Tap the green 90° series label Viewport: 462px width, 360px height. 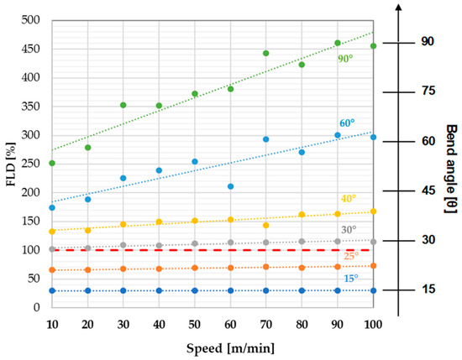point(344,59)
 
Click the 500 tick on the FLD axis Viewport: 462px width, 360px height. point(29,20)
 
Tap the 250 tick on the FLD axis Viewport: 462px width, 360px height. point(29,164)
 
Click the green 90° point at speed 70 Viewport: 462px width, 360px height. point(265,53)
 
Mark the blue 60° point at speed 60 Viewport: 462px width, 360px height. point(230,186)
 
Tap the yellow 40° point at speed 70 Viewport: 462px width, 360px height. point(265,225)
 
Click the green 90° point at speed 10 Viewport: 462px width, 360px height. point(52,163)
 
